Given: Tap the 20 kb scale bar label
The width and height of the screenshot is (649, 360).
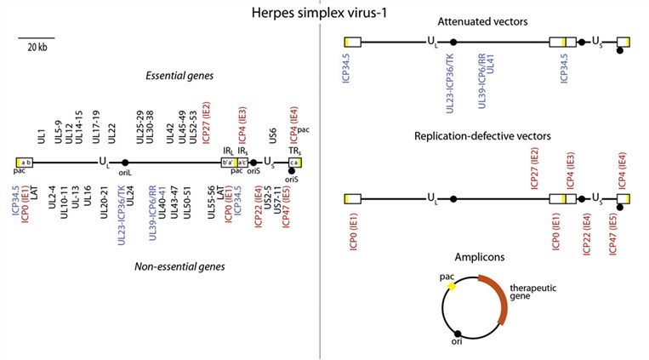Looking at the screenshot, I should pos(36,47).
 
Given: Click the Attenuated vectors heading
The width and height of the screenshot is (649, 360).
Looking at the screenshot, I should pos(483,20).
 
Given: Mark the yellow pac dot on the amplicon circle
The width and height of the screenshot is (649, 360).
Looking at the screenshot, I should pos(452,288).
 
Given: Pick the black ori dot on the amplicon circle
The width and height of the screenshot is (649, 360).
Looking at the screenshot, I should pos(458,333).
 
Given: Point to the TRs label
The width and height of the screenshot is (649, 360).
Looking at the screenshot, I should pos(293,149).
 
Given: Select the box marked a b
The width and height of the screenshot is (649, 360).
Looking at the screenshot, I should pos(26,162).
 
